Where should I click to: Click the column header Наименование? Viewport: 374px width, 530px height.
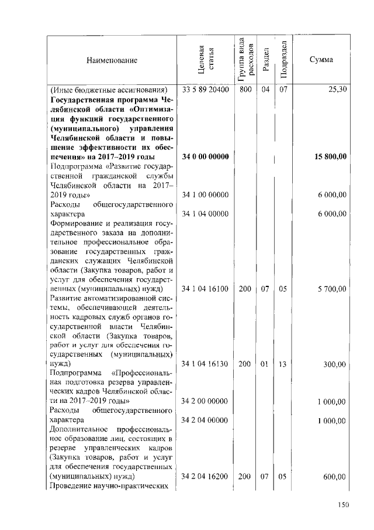pos(112,60)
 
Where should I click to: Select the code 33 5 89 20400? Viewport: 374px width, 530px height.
pos(205,90)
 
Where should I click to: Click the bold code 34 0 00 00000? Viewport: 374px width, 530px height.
pos(205,156)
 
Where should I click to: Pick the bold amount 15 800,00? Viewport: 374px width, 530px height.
pos(331,156)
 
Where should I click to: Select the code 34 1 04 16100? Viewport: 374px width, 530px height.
pos(205,289)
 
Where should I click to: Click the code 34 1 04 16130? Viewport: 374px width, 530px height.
pos(205,364)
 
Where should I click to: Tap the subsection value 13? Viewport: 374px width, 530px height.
pos(282,364)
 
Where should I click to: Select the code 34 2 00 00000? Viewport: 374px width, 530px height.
pos(205,401)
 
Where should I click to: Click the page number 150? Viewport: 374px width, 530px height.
pos(343,505)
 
